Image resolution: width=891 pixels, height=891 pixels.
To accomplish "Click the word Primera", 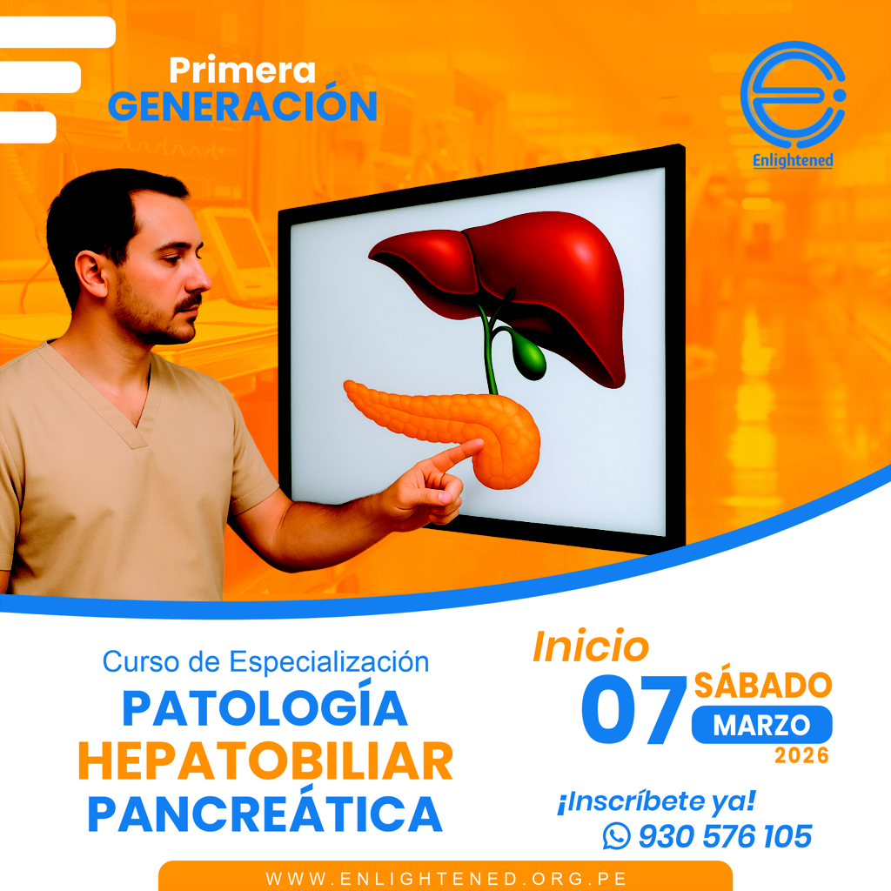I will click(242, 70).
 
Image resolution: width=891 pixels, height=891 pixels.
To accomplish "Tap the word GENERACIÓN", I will click(244, 106).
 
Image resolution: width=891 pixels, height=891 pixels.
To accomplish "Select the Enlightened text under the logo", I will click(793, 161).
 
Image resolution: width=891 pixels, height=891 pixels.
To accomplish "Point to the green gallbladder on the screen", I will click(528, 358).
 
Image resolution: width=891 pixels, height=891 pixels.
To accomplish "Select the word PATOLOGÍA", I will click(265, 708).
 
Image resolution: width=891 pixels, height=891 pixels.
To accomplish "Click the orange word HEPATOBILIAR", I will click(265, 761).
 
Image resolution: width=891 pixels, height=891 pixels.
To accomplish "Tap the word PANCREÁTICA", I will click(265, 814).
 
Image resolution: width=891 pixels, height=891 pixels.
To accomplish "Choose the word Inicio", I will click(591, 646).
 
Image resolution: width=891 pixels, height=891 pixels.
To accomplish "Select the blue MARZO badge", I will click(761, 725).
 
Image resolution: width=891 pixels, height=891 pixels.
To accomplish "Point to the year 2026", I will click(801, 756).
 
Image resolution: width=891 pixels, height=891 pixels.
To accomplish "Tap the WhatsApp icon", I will click(616, 837).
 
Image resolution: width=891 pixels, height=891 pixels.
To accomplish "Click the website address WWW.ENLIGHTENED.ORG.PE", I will click(445, 877).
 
